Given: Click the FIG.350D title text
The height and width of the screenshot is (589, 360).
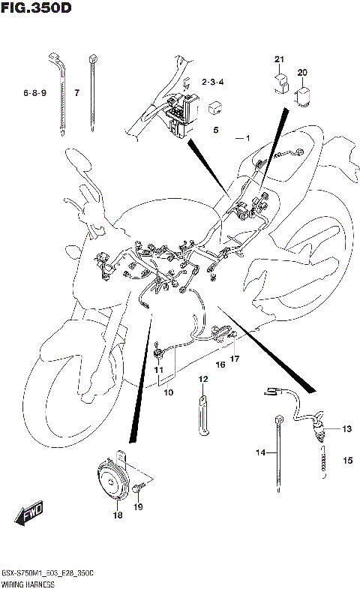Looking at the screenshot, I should point(37,10).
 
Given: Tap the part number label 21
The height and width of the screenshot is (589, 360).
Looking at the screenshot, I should point(279,59).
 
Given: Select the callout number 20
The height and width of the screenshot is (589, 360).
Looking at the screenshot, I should point(302,72).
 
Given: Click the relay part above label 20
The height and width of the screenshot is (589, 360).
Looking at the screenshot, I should point(304,95).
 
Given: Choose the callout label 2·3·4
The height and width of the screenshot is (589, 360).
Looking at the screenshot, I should point(213,81).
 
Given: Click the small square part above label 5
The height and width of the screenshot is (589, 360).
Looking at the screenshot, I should point(214,107).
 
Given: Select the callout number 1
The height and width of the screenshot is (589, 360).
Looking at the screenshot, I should point(246,138).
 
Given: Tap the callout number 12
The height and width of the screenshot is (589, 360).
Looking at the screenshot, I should point(202,380).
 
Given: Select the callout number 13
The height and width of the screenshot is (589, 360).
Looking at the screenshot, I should point(346,429).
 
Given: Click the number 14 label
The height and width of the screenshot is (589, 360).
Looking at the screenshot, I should point(260,452).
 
